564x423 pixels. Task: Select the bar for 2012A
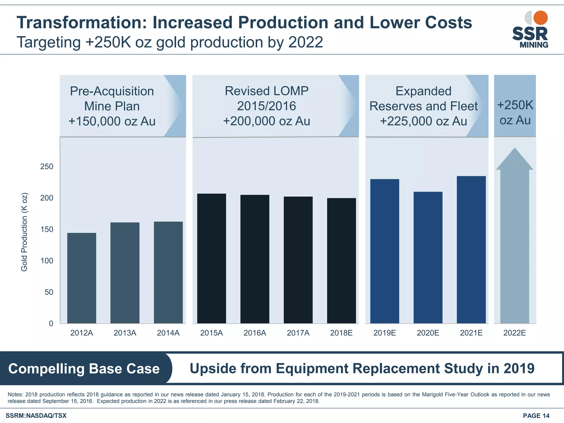point(82,278)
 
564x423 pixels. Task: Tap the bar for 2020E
point(428,257)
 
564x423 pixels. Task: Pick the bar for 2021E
point(471,250)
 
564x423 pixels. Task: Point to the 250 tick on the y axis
point(47,166)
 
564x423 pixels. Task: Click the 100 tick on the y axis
point(47,261)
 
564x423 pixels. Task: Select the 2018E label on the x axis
point(341,333)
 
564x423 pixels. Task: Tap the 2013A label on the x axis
point(125,333)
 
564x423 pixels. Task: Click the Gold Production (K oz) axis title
point(24,232)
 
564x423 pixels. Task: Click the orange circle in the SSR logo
point(540,18)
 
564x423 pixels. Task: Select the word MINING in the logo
point(534,45)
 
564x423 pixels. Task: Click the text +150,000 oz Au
point(112,121)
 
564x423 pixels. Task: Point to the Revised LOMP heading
point(267,91)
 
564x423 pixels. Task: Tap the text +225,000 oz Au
point(423,121)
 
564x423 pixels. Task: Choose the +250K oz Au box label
point(515,112)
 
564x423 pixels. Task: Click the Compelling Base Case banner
point(84,368)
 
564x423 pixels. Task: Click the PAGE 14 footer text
point(536,416)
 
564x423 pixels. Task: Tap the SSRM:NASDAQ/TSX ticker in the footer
point(36,416)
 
